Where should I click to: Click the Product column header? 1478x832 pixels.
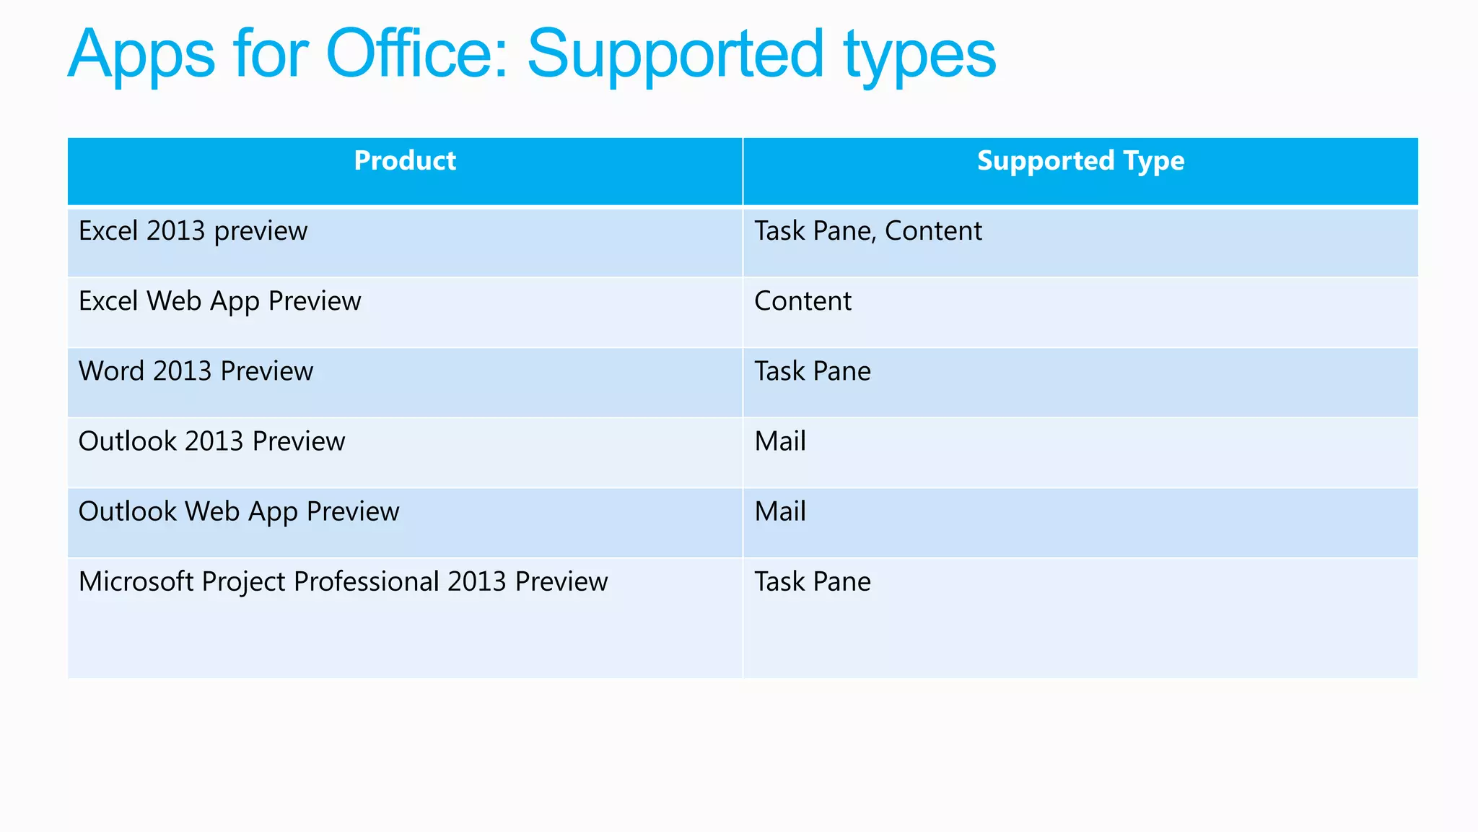[x=405, y=160]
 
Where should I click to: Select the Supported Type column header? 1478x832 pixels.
[x=1080, y=160]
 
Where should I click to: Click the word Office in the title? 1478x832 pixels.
[x=419, y=53]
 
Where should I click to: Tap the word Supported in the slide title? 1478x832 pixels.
[x=675, y=55]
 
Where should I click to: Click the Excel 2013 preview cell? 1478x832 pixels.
[x=193, y=231]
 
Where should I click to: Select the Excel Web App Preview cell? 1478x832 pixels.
[x=220, y=301]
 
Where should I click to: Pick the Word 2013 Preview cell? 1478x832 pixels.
[x=196, y=371]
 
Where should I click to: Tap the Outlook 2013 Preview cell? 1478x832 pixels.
[x=212, y=441]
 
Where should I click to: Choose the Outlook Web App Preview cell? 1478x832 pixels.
[x=239, y=511]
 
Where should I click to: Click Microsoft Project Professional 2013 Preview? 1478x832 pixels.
[x=344, y=581]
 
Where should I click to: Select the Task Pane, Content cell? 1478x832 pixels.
[x=868, y=231]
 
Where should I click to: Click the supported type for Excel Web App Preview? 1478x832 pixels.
[x=803, y=301]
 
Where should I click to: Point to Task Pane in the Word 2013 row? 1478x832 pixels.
[x=813, y=371]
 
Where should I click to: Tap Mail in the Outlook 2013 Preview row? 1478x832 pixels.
[x=780, y=441]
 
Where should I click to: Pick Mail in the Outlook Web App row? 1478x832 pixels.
[x=780, y=511]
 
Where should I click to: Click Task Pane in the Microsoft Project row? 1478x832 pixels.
[x=813, y=581]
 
